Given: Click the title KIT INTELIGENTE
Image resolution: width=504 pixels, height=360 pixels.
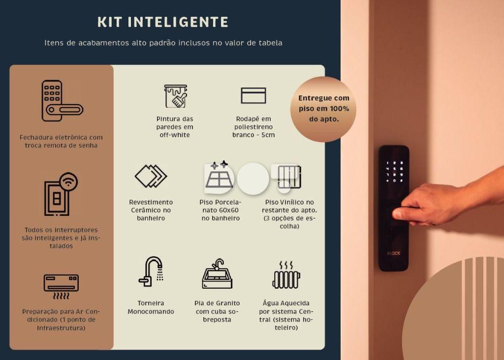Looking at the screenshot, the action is click(162, 22).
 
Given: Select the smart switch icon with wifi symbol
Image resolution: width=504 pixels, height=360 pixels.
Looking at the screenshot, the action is click(61, 194).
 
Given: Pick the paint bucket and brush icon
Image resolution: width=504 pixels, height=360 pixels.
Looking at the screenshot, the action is click(176, 96).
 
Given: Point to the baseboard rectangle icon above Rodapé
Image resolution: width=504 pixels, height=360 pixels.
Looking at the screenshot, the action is click(253, 95).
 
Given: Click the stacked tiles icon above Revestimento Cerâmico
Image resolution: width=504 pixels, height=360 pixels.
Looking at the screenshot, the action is click(151, 176).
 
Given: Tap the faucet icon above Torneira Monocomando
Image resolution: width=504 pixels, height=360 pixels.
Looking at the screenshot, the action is click(151, 271).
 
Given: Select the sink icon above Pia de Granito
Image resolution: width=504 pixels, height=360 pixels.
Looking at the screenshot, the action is click(217, 274).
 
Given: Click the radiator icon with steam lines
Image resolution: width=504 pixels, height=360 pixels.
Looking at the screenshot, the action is click(286, 275).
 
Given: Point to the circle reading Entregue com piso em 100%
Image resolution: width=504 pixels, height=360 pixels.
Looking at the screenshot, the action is click(323, 109).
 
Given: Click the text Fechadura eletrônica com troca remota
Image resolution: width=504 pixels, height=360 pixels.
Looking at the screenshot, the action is click(61, 141).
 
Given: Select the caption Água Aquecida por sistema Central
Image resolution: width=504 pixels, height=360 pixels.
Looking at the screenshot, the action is click(286, 315).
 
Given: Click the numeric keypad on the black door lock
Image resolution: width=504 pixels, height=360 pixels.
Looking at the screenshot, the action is click(394, 172).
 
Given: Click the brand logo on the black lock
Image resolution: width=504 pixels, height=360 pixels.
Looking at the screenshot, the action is click(394, 253).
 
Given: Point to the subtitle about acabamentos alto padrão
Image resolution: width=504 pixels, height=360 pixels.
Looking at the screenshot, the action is click(163, 43).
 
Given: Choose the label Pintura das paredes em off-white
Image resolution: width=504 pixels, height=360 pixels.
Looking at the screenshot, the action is click(175, 127).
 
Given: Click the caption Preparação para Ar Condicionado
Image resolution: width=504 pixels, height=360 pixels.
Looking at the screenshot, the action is click(61, 320).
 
